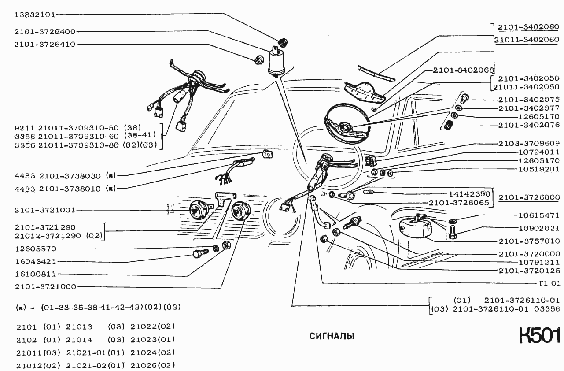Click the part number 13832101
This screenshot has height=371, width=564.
tap(35, 15)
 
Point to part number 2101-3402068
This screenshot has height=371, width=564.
tap(463, 70)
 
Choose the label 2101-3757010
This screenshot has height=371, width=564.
tap(529, 241)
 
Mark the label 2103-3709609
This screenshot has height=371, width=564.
tap(529, 143)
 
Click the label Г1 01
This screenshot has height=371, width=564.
tap(550, 283)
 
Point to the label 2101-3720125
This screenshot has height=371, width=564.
tap(529, 271)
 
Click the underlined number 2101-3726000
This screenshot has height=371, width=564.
tap(529, 197)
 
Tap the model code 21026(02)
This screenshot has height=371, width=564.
tap(153, 365)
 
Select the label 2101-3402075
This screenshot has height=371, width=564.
tap(529, 100)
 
